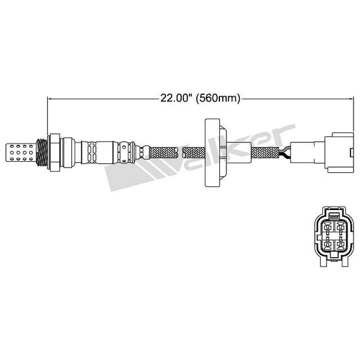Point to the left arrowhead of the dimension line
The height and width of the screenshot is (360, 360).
click(49, 99)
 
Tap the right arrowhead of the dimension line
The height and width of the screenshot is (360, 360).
click(351, 99)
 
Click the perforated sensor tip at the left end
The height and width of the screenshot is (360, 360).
click(20, 152)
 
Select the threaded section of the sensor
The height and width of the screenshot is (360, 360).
click(42, 152)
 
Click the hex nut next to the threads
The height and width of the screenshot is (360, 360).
click(54, 152)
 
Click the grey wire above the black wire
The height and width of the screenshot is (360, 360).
click(285, 149)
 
